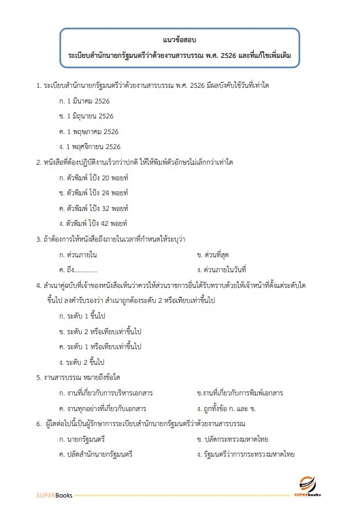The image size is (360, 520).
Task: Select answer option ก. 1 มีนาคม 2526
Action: point(84,101)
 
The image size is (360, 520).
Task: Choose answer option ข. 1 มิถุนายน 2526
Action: point(86,116)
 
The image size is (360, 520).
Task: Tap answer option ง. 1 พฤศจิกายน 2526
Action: point(90,146)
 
